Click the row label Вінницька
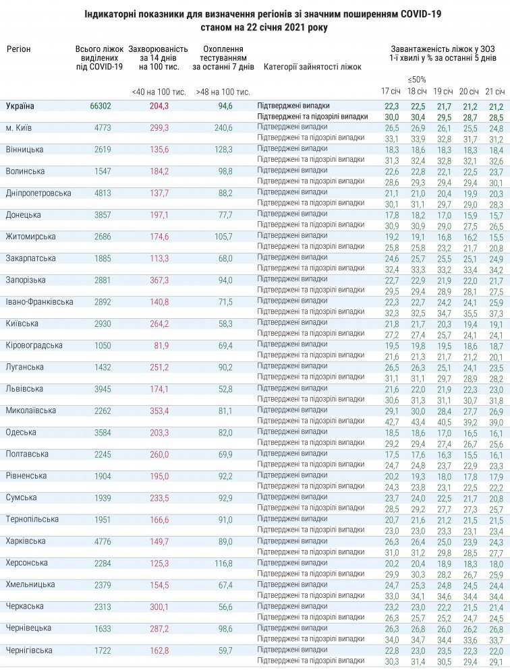point(25,149)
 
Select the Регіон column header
point(19,49)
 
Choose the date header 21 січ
point(495,91)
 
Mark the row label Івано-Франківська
point(39,301)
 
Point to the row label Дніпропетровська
point(38,193)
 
